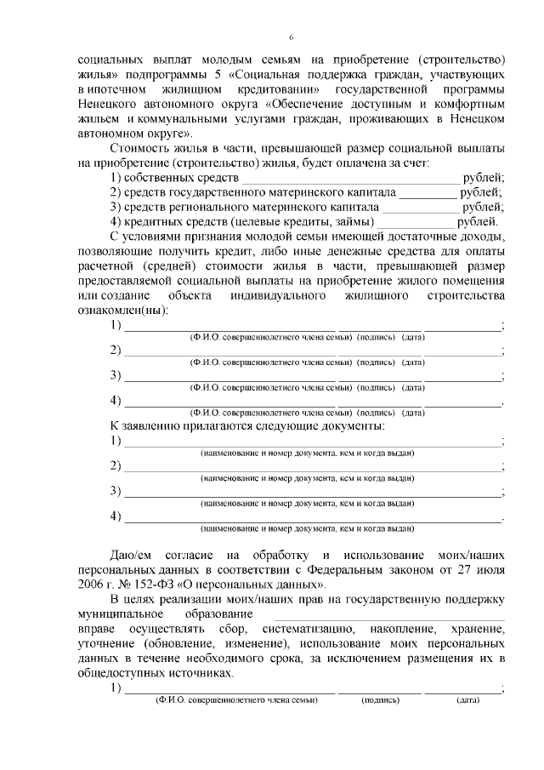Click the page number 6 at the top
(x=291, y=37)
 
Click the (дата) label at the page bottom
(x=467, y=700)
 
